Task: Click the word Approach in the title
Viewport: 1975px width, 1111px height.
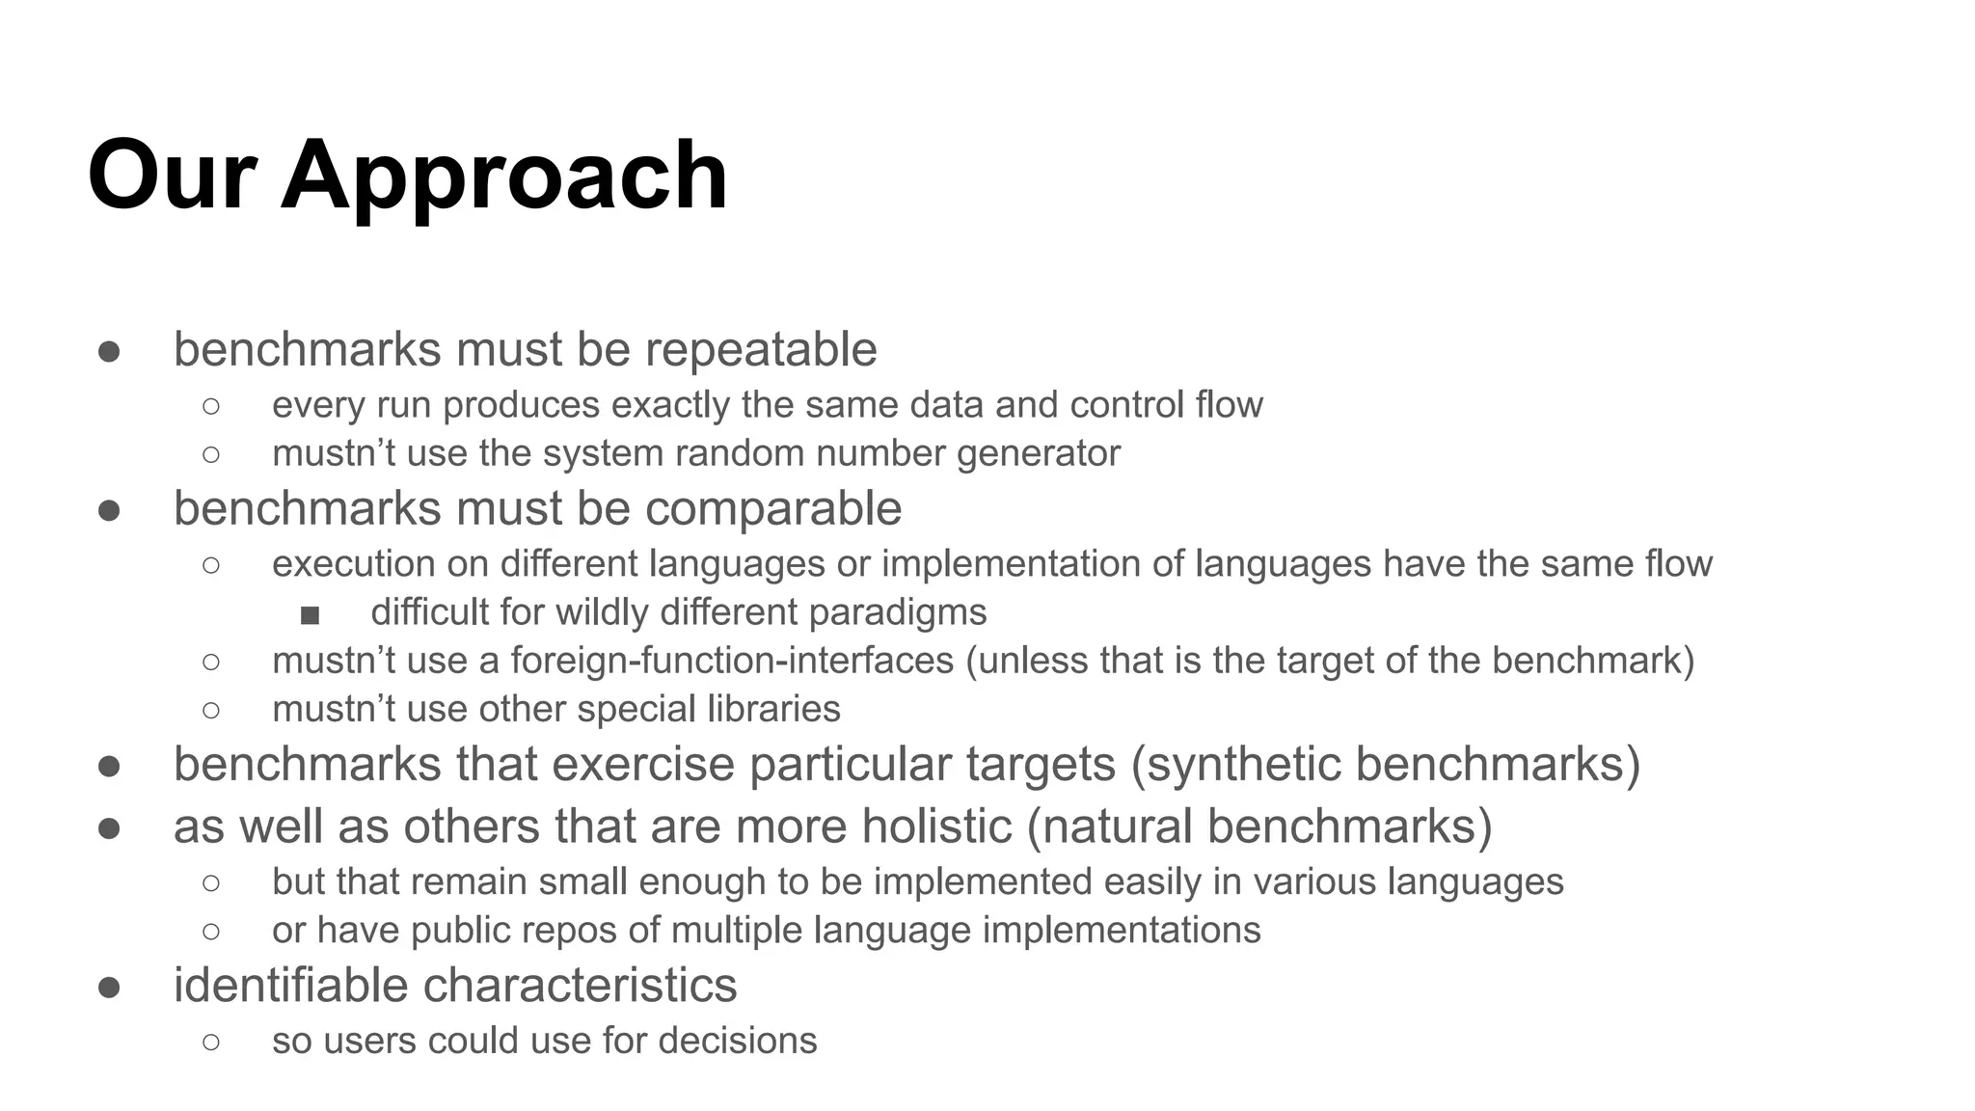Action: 503,176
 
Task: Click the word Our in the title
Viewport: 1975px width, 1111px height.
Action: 172,176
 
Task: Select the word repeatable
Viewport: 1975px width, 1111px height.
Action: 761,349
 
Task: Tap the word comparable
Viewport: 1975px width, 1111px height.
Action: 773,508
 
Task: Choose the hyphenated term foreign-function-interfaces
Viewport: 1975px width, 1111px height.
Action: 732,661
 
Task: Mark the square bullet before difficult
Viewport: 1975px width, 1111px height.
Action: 310,614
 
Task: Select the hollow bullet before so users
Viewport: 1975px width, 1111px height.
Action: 211,1042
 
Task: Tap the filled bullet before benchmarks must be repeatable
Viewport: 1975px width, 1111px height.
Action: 109,351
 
